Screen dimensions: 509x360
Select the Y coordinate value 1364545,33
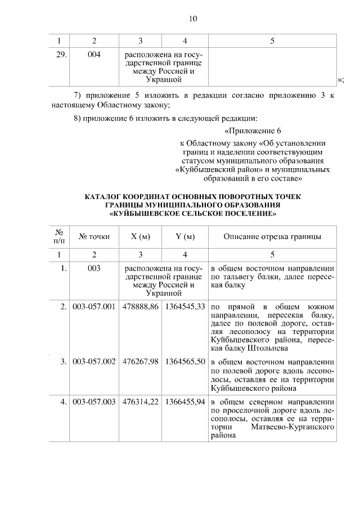[x=184, y=307]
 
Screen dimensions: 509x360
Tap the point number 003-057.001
[x=94, y=307]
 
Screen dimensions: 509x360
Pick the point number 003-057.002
[x=94, y=363]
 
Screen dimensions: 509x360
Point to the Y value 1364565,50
[x=184, y=363]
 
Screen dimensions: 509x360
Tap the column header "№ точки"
[x=94, y=237]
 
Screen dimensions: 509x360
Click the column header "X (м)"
[x=140, y=237]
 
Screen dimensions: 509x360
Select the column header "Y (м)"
[x=184, y=237]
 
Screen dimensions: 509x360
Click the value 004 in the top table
[x=94, y=55]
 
